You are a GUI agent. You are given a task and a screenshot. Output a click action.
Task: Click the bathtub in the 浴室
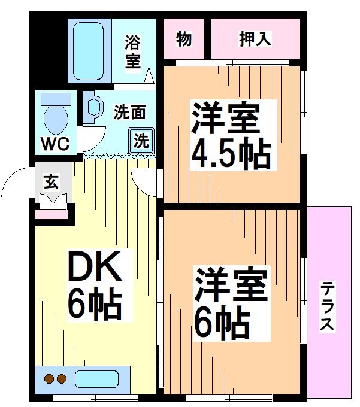[89, 51]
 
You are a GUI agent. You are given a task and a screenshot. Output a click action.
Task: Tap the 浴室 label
[132, 52]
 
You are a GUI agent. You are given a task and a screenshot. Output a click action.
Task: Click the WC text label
[55, 144]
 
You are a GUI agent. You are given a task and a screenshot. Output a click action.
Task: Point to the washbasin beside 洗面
[93, 107]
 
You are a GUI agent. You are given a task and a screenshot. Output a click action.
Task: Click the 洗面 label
[130, 112]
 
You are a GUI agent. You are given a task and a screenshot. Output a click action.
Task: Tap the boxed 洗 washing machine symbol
[141, 141]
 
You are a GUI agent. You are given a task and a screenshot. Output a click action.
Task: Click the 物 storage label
[184, 39]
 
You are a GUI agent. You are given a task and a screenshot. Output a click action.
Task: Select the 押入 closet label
[255, 39]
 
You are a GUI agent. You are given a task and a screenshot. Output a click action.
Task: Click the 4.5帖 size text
[231, 154]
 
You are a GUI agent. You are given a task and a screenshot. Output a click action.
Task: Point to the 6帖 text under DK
[94, 305]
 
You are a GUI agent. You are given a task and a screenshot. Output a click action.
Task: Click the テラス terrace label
[328, 306]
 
